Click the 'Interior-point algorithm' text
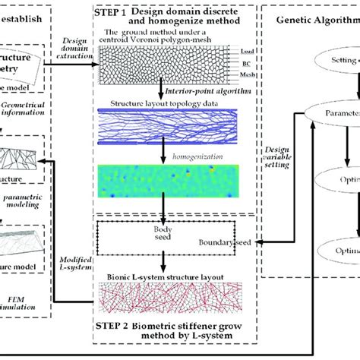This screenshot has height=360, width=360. (201, 90)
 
